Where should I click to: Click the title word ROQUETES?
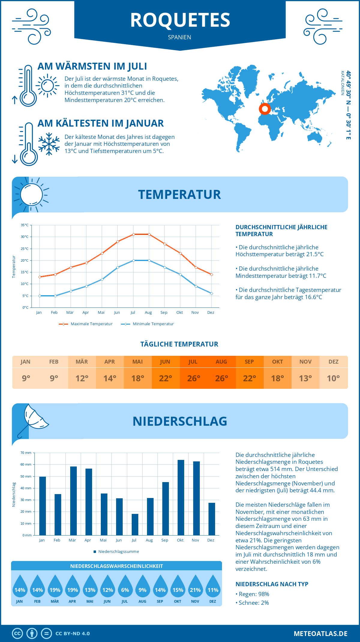click(180, 20)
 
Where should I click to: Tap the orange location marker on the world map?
click(265, 109)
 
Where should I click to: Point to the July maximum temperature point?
click(133, 234)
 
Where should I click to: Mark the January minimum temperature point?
click(40, 296)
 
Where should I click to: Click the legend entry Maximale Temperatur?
click(91, 324)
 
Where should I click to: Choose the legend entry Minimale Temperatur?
click(153, 324)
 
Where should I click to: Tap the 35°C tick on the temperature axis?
click(25, 225)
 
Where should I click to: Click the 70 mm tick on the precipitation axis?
click(26, 453)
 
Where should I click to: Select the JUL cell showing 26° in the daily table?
click(193, 378)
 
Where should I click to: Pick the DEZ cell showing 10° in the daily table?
click(333, 378)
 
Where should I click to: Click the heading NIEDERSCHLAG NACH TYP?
click(272, 584)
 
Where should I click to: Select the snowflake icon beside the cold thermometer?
click(49, 144)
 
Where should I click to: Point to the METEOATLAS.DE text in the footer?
click(320, 634)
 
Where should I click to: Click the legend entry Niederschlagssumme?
click(118, 552)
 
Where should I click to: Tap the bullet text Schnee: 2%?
click(253, 603)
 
